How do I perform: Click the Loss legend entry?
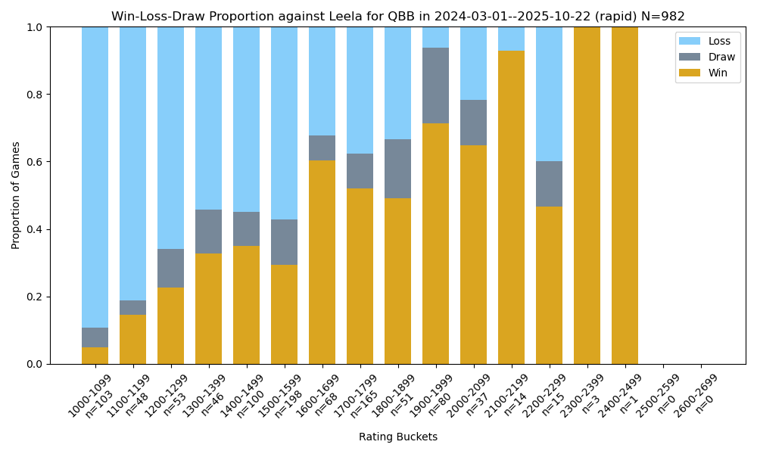pos(707,41)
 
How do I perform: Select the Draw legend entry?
pos(707,57)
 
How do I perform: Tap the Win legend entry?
pos(707,72)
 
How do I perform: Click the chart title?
pos(398,17)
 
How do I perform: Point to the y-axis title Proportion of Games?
pos(16,195)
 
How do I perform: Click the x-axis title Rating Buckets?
pos(398,437)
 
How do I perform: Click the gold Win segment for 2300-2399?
pos(587,195)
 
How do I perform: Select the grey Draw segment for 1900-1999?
pos(435,86)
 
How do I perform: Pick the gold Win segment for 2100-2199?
pos(511,207)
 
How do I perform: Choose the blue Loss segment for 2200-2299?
pos(549,94)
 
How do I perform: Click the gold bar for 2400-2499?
pos(625,195)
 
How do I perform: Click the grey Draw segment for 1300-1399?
pos(208,232)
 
